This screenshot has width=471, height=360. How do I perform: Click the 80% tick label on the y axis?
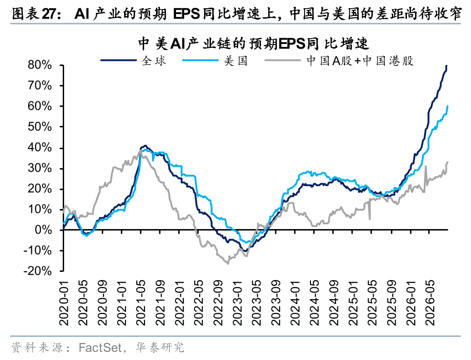[x=40, y=65]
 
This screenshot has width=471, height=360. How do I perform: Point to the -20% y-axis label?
[x=38, y=271]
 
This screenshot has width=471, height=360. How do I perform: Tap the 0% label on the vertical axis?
[x=43, y=230]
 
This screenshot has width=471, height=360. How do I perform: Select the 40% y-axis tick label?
[x=40, y=147]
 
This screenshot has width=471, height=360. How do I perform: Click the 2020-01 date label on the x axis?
[x=64, y=303]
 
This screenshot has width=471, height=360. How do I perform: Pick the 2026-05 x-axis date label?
[x=430, y=303]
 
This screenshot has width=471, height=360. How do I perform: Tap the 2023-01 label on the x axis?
[x=237, y=303]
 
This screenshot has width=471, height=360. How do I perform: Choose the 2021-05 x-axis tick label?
[x=141, y=303]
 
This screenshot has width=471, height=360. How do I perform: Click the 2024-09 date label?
[x=333, y=303]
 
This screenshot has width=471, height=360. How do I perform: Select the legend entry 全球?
[x=133, y=60]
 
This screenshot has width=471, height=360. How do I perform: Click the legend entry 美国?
[x=215, y=60]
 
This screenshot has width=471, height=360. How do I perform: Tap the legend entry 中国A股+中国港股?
[x=339, y=60]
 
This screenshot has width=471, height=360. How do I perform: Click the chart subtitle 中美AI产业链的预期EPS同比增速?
[x=254, y=44]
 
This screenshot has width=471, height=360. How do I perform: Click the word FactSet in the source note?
[x=100, y=347]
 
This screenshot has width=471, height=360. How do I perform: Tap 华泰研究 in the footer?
[x=160, y=347]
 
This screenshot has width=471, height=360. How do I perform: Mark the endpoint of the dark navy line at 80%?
[x=446, y=65]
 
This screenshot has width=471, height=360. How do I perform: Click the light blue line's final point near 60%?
[x=447, y=106]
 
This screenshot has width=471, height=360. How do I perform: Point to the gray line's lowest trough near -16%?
[x=227, y=263]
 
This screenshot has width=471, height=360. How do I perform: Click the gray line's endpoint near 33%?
[x=447, y=162]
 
